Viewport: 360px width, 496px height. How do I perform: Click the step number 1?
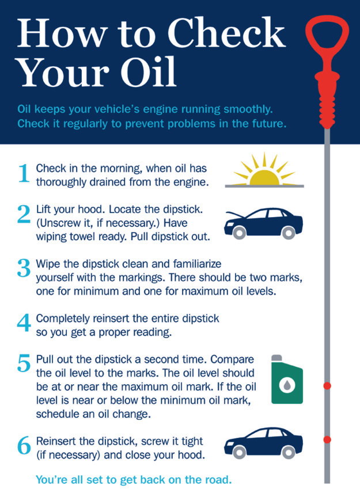[x=24, y=173]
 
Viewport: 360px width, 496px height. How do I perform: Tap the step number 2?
[x=24, y=214]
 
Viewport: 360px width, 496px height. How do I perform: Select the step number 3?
[x=24, y=268]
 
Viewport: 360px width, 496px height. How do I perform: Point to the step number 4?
[x=24, y=323]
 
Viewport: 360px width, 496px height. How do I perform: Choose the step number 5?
[x=24, y=364]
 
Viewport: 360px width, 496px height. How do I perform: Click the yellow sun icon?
[x=264, y=173]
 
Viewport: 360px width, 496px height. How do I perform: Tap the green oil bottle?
[x=286, y=379]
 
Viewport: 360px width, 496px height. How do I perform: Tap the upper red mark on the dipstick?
[x=327, y=385]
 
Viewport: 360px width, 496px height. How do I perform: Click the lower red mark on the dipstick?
[x=327, y=440]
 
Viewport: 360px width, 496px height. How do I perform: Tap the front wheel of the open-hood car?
[x=240, y=232]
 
